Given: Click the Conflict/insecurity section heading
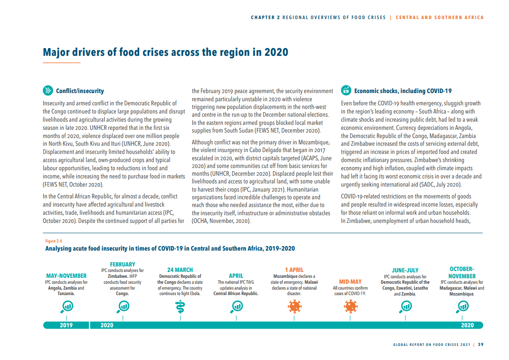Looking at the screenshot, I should point(80,91).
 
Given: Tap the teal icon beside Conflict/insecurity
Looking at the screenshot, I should point(48,90).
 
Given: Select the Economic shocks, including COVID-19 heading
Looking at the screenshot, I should point(402,91).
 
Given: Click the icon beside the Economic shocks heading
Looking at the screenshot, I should point(346,90).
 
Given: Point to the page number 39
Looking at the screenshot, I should point(480,344).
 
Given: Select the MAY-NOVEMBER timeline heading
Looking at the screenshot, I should point(66,276).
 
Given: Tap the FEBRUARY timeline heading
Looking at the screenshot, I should point(122,264).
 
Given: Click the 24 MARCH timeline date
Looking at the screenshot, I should point(180,270).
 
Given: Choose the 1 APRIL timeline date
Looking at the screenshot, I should point(294,270).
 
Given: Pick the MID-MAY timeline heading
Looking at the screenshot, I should point(350,281).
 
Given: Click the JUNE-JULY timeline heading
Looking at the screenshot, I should point(405,270).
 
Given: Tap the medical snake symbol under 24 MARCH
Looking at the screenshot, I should point(180,307).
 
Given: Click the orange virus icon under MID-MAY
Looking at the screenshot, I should point(350,306).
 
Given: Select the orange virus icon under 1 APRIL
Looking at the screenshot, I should point(294,306).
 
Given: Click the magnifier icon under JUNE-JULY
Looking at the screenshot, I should point(405,306).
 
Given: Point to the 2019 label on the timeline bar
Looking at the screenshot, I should point(66,325).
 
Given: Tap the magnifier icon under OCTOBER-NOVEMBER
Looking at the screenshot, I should point(462,306).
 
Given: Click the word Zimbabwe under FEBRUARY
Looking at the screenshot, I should point(114,276).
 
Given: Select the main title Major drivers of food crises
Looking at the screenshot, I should point(166,52).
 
